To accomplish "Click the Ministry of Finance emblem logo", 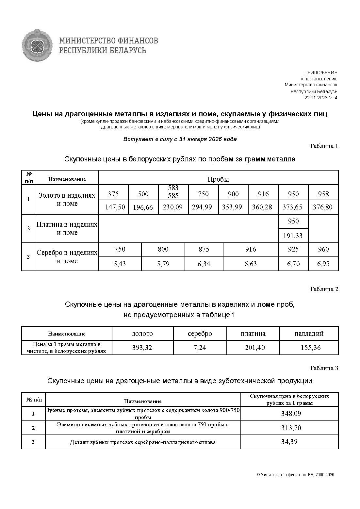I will coord(37,45).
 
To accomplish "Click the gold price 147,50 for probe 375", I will coord(115,207).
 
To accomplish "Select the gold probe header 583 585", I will coord(173,192).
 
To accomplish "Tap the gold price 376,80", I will coord(322,207).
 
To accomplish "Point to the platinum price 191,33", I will coord(293,236).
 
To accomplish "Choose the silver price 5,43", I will coord(120,264).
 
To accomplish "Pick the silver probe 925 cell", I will coord(293,249).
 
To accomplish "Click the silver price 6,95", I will coord(323,264).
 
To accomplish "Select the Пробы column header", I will coord(218,179).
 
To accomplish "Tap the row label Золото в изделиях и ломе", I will coord(67,199).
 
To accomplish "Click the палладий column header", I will coord(309,334).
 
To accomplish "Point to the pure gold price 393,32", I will coord(142,348).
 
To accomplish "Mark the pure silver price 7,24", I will coord(200,348).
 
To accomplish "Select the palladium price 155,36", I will coord(310,348).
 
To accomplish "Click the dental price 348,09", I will coord(291,414).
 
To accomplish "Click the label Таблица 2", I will coord(323,289).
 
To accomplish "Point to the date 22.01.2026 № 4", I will coord(320,98).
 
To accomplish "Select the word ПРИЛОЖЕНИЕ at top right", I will coord(320,73).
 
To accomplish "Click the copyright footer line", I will coord(295,475).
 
